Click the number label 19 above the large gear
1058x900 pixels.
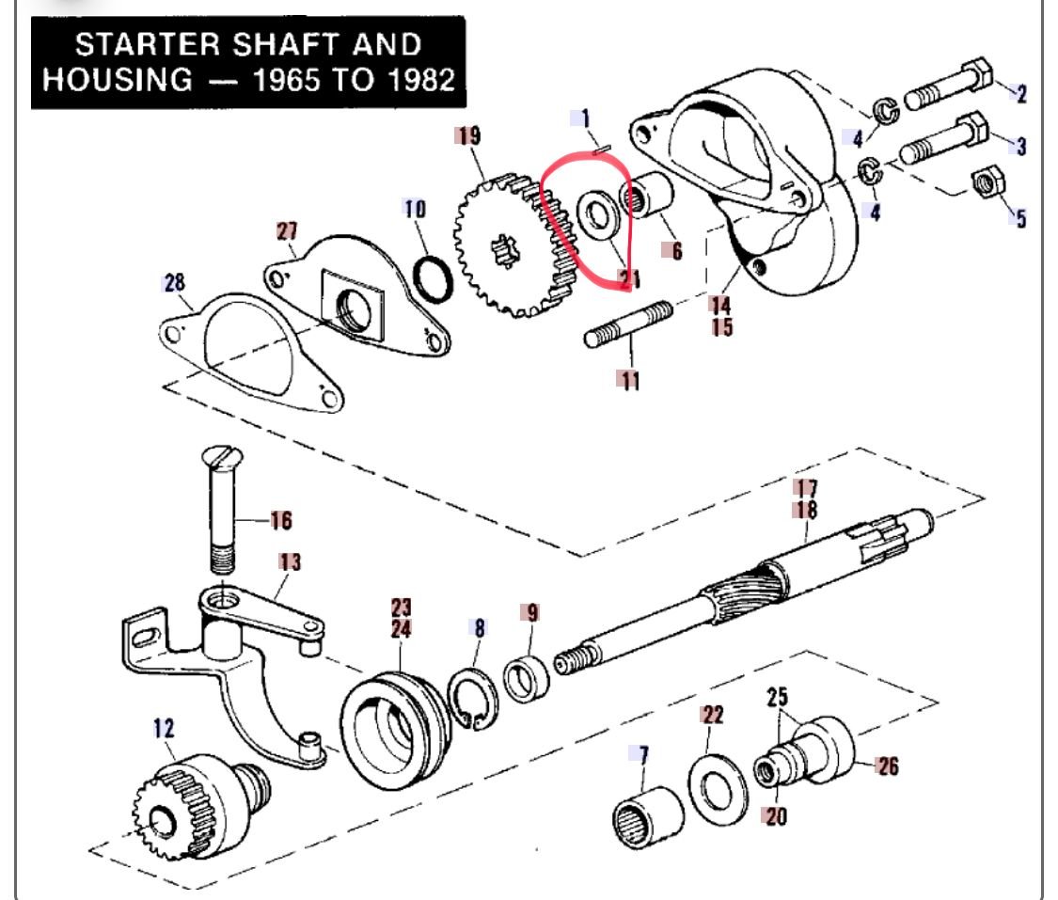pos(467,136)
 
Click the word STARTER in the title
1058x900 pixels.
pos(148,44)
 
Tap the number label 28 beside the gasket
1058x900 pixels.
pos(174,282)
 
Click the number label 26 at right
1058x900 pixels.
pos(887,766)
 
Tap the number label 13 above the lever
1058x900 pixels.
pos(291,561)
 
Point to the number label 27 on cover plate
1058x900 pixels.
pos(287,231)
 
